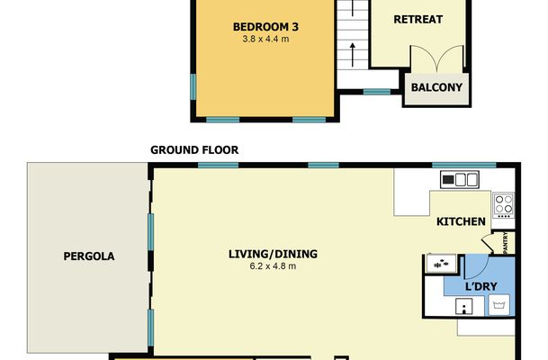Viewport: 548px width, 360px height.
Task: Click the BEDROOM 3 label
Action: coord(265,27)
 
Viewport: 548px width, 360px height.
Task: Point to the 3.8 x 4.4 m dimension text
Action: coord(265,39)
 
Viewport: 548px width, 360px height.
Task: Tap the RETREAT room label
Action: coord(418,19)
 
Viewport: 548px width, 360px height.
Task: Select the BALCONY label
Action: coord(436,87)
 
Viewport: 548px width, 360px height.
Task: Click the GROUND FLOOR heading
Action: coord(194,150)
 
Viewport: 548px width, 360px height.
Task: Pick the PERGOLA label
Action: coord(89,256)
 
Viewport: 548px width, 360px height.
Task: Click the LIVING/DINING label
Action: coord(273,254)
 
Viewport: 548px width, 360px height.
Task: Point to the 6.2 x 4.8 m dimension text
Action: coord(273,266)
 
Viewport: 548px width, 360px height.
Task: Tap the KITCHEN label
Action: coord(461,221)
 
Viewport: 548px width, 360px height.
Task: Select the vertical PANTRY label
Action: coord(505,243)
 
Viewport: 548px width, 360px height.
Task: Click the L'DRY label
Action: coord(481,286)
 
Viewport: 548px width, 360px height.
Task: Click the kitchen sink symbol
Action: coord(460,180)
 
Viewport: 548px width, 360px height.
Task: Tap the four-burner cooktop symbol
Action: coord(504,205)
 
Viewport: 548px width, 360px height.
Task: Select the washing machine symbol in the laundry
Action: coord(499,305)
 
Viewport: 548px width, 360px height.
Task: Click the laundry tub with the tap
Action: coord(464,307)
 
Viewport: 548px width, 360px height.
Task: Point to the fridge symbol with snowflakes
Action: coord(442,264)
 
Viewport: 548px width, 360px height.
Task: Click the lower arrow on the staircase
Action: coord(353,55)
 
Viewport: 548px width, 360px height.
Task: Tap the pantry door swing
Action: coord(488,242)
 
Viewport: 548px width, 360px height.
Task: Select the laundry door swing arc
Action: coord(476,267)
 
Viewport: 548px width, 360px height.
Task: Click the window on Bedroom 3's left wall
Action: coord(193,86)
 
